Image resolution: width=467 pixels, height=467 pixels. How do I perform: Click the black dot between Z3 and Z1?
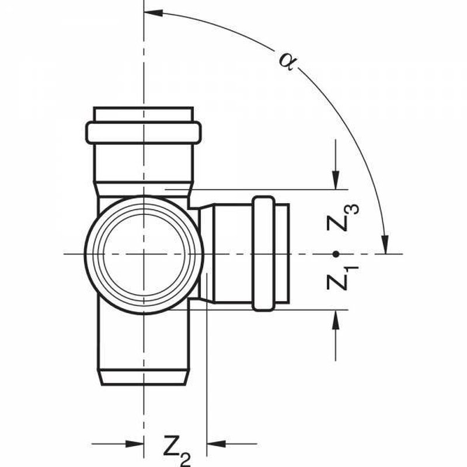click(336, 254)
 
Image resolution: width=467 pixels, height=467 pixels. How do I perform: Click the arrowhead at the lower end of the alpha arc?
click(385, 245)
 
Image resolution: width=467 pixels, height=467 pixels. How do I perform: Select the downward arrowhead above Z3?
click(336, 180)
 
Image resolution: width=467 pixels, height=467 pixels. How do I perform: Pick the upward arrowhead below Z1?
click(336, 319)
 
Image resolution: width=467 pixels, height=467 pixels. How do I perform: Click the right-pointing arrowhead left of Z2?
click(135, 444)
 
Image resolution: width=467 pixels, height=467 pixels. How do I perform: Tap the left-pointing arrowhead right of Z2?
click(216, 444)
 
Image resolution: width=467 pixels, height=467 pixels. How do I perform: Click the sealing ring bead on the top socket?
click(144, 133)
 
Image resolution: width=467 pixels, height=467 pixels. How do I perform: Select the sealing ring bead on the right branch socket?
click(264, 254)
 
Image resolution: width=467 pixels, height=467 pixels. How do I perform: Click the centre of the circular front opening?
click(144, 255)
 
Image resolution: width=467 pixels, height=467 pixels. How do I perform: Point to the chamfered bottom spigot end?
click(144, 377)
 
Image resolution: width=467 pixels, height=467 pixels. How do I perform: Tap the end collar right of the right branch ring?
click(282, 254)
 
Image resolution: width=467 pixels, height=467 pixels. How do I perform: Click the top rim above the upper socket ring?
click(144, 114)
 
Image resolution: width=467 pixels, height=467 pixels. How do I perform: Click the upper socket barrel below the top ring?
click(144, 163)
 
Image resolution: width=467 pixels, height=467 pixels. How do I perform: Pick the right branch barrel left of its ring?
click(233, 254)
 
